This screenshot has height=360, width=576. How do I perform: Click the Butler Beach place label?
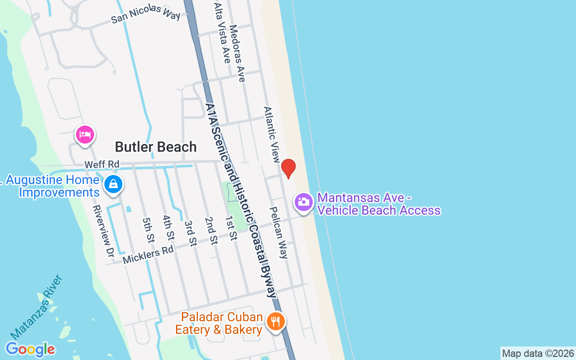click(156, 147)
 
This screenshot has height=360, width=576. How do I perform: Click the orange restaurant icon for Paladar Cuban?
click(275, 322)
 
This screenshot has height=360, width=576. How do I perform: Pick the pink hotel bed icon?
click(85, 135)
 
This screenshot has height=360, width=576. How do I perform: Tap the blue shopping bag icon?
click(113, 184)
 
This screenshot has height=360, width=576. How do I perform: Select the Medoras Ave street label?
click(237, 53)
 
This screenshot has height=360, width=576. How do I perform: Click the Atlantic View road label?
click(272, 134)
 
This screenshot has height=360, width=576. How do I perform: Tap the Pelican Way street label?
click(278, 233)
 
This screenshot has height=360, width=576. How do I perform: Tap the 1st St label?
click(231, 228)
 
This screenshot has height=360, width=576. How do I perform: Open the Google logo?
click(30, 349)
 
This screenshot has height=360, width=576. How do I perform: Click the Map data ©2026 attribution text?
click(538, 353)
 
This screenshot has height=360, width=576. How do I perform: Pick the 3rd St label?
click(190, 233)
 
